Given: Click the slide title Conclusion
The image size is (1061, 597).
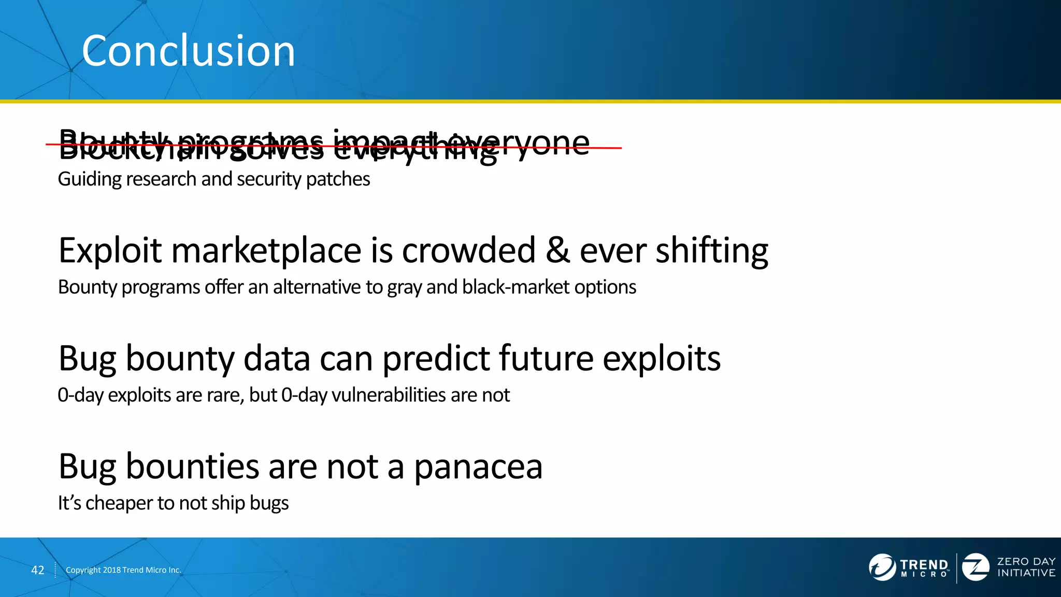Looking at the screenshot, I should coord(188,51).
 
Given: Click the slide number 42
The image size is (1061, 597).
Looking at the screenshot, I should coord(38,570).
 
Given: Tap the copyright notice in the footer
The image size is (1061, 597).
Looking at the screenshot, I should coord(123,570).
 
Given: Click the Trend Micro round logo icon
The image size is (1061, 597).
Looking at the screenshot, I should coord(882,567).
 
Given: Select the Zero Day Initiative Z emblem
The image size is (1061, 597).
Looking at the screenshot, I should coord(976,567).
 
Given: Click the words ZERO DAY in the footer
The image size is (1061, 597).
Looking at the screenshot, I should coord(1026,561).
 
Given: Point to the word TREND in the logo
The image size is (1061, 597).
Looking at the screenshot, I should coord(924,564).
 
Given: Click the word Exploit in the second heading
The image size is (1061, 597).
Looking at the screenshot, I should coord(110,251).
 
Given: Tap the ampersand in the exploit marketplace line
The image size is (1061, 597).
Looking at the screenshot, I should coord(557,251).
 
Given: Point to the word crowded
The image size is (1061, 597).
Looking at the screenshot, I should coord(468,251).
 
